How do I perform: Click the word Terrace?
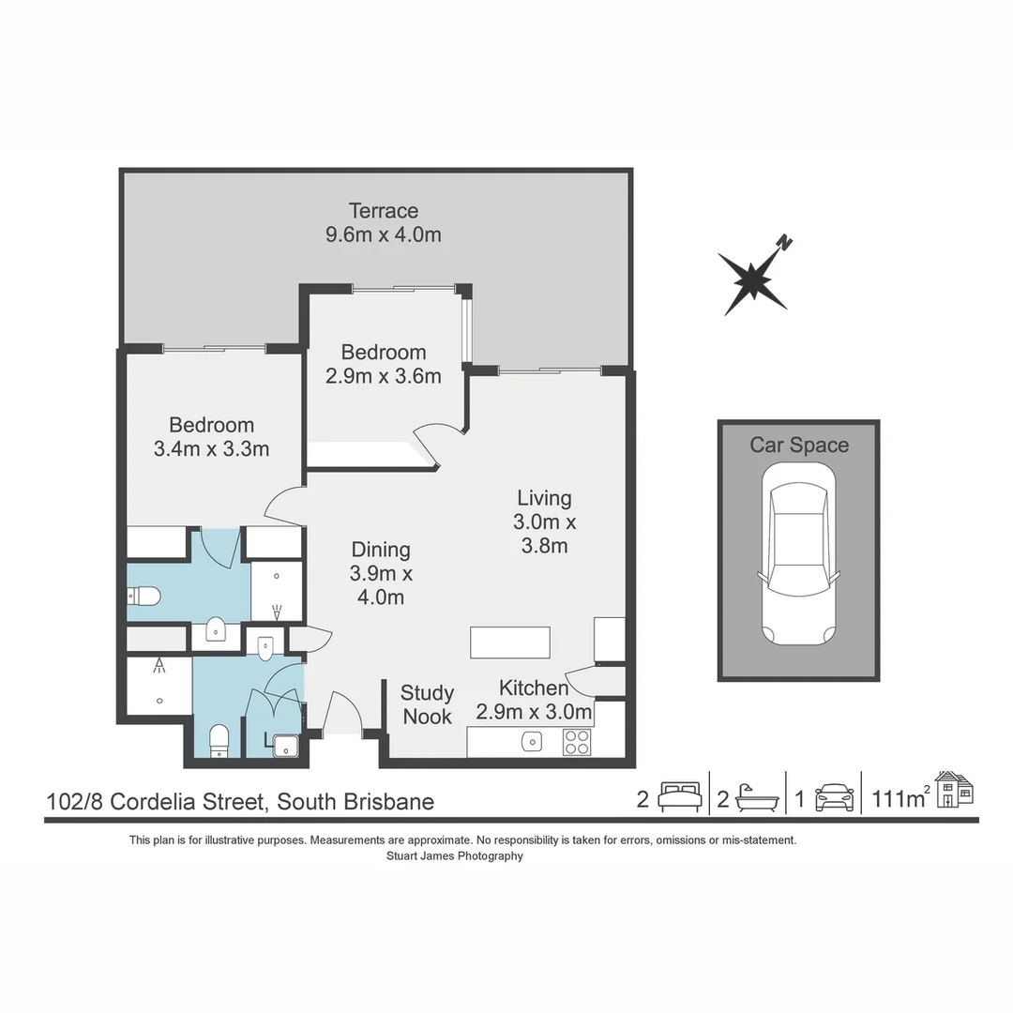click(383, 210)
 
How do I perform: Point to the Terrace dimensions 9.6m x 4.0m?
click(383, 234)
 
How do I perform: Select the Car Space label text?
click(798, 445)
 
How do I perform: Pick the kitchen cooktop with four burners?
click(577, 741)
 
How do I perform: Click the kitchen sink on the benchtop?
click(532, 741)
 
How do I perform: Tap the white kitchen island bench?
click(509, 643)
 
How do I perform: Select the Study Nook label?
click(427, 704)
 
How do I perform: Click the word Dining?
click(381, 550)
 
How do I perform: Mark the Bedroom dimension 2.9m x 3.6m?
click(383, 376)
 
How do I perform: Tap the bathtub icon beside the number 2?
click(757, 797)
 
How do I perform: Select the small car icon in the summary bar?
click(834, 797)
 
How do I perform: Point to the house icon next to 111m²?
click(955, 789)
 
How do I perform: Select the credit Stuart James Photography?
click(455, 855)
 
